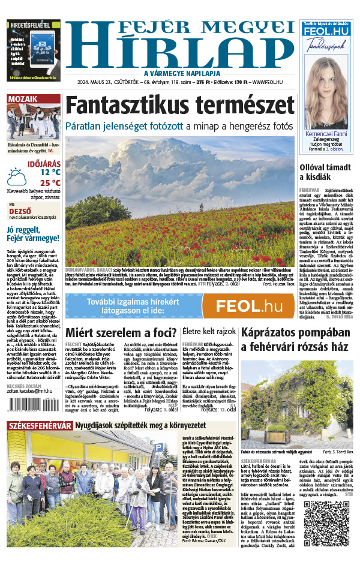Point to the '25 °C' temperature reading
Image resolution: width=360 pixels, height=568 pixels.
click(x=50, y=182)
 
